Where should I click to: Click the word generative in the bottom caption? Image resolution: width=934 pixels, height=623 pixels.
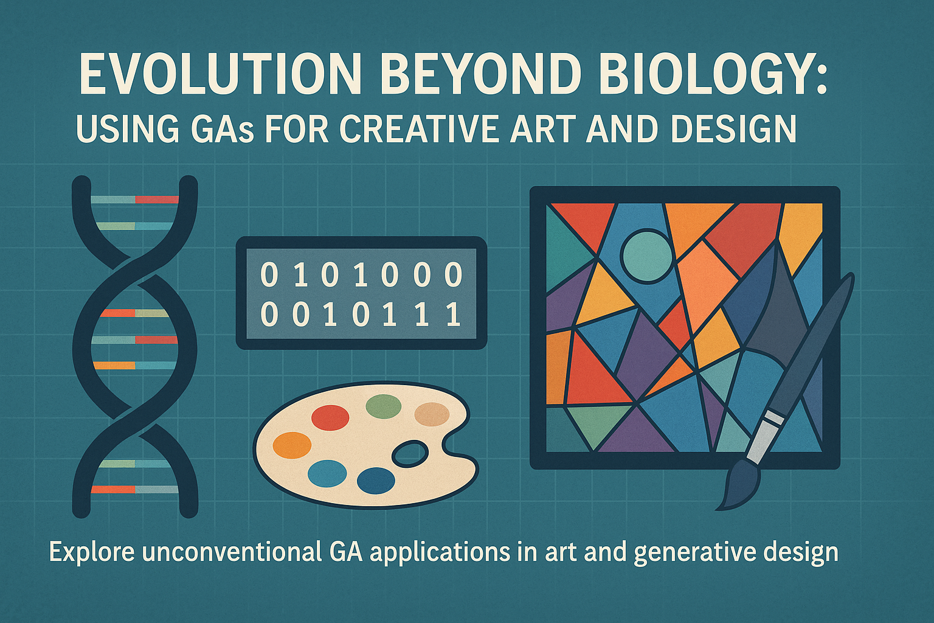click(691, 554)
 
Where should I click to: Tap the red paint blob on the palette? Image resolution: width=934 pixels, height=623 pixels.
click(330, 418)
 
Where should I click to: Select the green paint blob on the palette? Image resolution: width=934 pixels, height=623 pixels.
click(384, 406)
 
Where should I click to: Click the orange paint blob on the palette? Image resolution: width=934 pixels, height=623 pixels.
click(292, 445)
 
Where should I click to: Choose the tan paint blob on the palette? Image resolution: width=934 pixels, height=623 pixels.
click(432, 414)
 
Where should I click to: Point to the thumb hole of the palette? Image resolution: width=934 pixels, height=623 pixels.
click(410, 455)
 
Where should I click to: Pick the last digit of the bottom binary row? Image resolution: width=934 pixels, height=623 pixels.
click(453, 314)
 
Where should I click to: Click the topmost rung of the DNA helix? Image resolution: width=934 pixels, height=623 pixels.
click(135, 200)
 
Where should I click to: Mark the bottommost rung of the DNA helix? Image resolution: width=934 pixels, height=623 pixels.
click(134, 490)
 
